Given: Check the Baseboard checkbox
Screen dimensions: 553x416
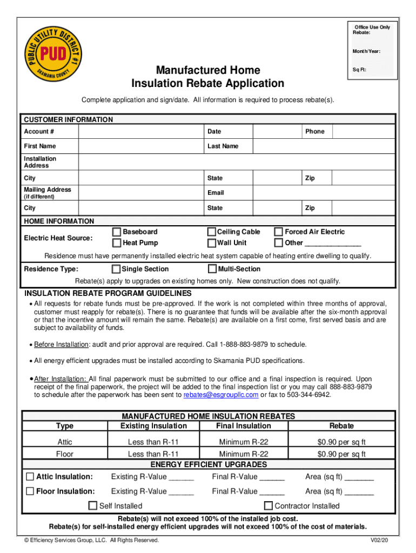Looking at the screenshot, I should [117, 232].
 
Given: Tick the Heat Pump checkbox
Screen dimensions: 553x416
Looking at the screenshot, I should [117, 243].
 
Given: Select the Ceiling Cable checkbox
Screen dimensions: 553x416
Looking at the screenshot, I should [212, 232].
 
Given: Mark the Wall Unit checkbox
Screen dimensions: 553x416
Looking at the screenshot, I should [212, 243].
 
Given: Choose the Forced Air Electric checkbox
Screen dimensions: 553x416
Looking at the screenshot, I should [279, 232].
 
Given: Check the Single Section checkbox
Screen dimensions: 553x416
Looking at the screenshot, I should [116, 269].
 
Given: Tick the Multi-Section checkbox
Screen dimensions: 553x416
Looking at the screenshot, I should [212, 269].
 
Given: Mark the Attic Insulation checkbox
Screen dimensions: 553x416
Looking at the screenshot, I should [30, 476].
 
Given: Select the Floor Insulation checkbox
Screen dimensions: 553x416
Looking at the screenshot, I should [30, 491].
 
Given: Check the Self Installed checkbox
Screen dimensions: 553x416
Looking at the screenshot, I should [93, 506].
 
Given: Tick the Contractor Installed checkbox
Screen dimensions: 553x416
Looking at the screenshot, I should [268, 506].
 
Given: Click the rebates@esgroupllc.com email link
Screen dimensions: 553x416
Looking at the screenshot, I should [221, 395].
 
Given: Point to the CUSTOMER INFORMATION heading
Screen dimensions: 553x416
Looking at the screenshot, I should [68, 119].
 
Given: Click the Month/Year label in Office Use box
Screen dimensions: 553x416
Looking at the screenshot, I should [366, 51].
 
